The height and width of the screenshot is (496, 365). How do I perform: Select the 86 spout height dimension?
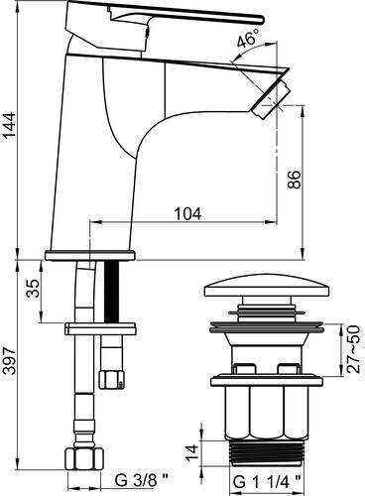293,181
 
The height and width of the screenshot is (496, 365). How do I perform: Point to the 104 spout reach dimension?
187,213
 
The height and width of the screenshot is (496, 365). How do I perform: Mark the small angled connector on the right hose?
113,376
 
